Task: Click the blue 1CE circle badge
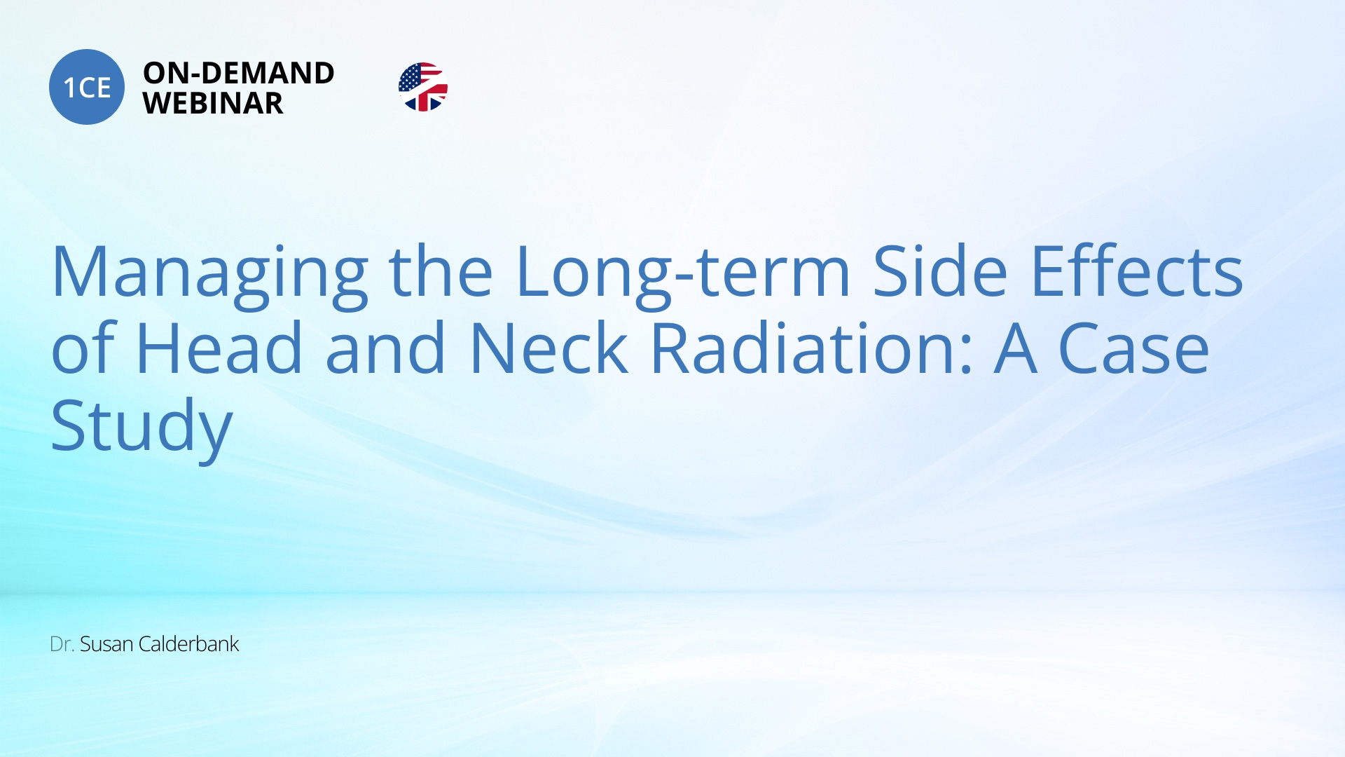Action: [x=87, y=87]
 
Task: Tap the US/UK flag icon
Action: [x=423, y=87]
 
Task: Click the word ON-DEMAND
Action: [x=239, y=73]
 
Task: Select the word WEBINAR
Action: [x=213, y=103]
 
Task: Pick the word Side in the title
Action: [x=940, y=271]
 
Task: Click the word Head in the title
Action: [x=219, y=348]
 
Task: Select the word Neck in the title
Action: [x=549, y=348]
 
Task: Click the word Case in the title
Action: [x=1133, y=348]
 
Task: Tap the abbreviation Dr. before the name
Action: [x=62, y=644]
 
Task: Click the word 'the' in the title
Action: [x=441, y=271]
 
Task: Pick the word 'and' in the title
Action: [x=385, y=348]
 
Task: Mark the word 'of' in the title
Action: [x=83, y=348]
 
